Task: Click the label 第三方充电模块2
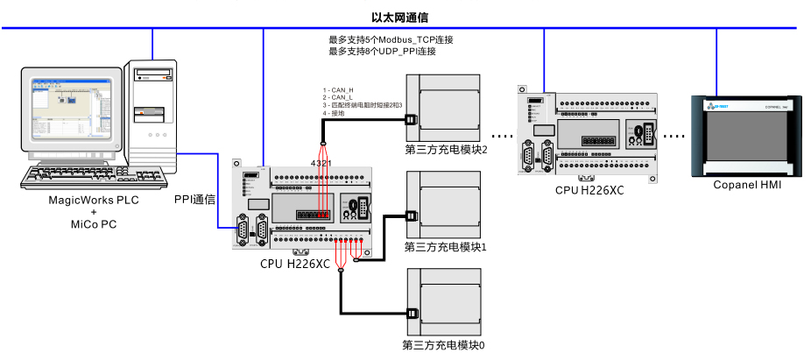click(x=445, y=150)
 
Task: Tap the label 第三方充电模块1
click(x=445, y=247)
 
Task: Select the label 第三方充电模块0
click(x=443, y=345)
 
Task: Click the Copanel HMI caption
click(x=746, y=185)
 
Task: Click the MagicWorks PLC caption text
click(x=94, y=201)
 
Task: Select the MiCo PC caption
click(x=94, y=225)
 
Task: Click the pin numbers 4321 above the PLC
click(x=321, y=164)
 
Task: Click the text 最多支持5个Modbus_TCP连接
click(x=391, y=40)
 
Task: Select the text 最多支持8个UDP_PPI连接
click(x=382, y=52)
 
